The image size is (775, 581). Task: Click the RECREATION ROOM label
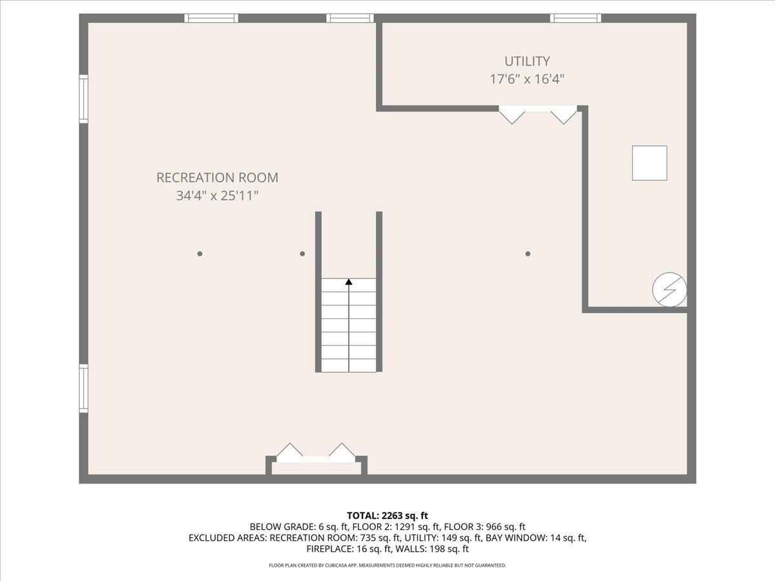[217, 178]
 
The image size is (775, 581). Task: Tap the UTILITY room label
[527, 61]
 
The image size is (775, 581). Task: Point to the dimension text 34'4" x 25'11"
[217, 196]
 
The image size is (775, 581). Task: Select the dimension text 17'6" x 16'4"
[527, 79]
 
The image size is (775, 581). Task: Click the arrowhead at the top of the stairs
[349, 281]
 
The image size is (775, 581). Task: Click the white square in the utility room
[649, 163]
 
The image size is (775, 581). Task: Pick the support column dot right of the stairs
[528, 254]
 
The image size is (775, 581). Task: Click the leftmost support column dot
[200, 254]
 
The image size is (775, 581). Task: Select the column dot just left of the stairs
[302, 254]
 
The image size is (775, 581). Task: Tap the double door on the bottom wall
[316, 454]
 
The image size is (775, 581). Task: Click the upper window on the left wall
[83, 99]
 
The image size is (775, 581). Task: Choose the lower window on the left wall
[83, 387]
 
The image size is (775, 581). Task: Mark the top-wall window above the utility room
[575, 18]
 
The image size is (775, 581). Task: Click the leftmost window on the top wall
[211, 18]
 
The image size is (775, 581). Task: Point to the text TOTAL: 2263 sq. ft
[387, 515]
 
